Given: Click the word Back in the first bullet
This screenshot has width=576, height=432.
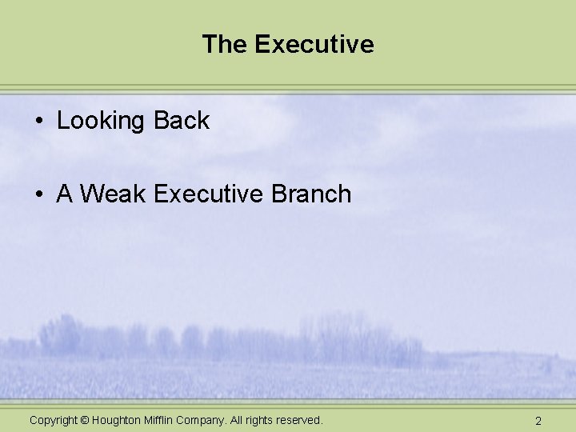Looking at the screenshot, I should point(182,121).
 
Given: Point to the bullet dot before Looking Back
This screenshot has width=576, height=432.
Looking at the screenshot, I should point(38,122).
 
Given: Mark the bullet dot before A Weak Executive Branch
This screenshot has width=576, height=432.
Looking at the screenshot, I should point(38,194).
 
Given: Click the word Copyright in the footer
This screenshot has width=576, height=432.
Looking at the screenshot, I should point(54,420).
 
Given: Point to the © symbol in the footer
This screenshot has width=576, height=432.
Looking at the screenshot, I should point(86,420).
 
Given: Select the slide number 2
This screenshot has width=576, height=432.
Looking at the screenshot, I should point(538,421).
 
